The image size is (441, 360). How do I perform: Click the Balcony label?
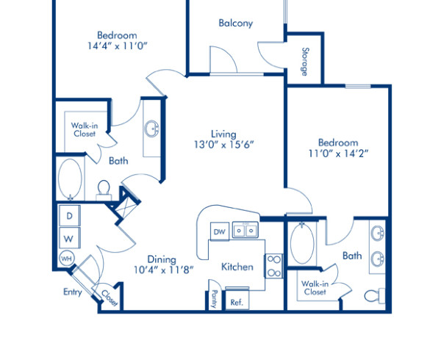tap(235, 23)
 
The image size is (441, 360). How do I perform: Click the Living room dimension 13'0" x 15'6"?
tap(223, 145)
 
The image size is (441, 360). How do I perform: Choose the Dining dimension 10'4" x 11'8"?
tap(161, 270)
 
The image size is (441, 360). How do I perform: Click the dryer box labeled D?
tap(69, 216)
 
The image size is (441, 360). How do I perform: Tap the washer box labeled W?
tap(69, 239)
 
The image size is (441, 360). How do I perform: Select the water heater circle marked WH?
tap(66, 259)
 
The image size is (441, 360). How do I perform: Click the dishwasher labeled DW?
tap(219, 232)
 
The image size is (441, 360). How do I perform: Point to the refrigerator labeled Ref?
tap(237, 302)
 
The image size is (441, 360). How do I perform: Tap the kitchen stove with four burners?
tap(273, 265)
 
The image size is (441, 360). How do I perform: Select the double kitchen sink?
tap(245, 231)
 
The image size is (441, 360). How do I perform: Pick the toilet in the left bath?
tap(104, 190)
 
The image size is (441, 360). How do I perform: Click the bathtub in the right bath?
tap(301, 245)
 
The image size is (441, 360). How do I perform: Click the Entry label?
tap(72, 292)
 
